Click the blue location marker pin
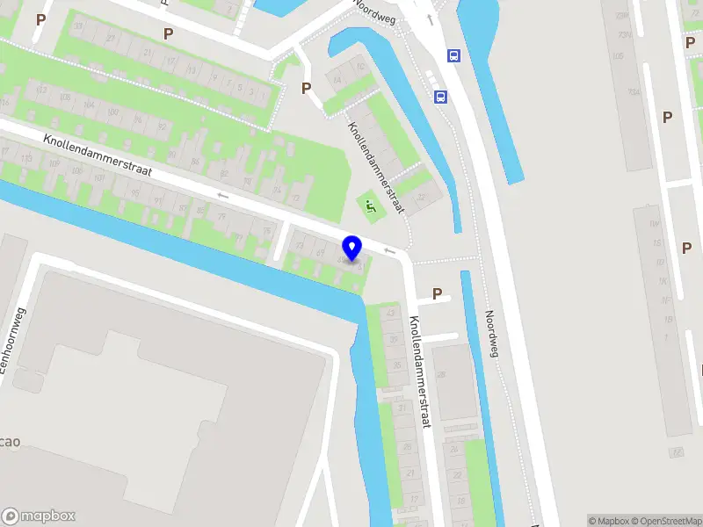click(353, 248)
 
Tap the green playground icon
click(370, 208)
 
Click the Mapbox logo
click(38, 516)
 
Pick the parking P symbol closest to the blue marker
click(437, 293)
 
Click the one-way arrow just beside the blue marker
click(389, 252)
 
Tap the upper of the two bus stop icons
click(453, 55)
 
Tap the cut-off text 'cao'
click(10, 441)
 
